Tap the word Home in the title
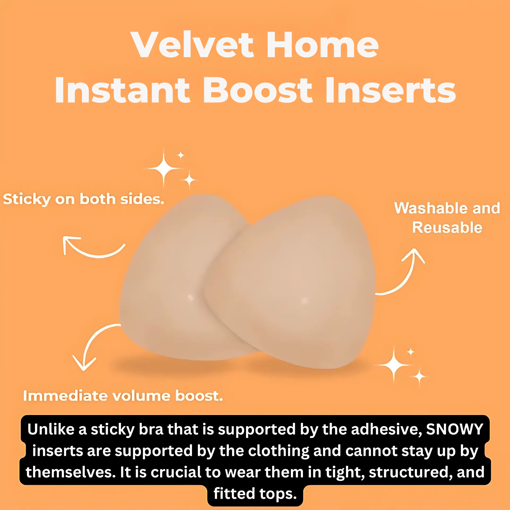(x=323, y=44)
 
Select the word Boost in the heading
(x=258, y=90)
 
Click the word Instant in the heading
(x=123, y=90)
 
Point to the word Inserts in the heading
(x=391, y=90)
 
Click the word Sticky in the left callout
(x=27, y=200)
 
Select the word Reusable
(x=447, y=228)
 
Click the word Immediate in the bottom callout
(x=65, y=396)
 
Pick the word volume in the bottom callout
(x=141, y=396)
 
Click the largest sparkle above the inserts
(x=164, y=168)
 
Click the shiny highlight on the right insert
(x=304, y=300)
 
